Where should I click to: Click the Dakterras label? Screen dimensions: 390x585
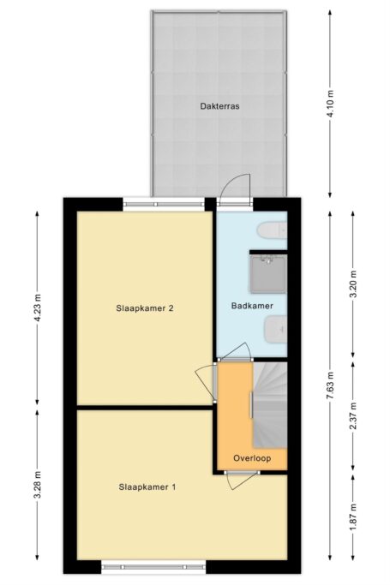[x=219, y=106]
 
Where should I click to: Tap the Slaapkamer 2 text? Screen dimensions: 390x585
[x=145, y=308]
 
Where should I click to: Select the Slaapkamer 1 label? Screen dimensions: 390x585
[x=147, y=487]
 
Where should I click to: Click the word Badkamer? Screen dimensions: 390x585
[x=252, y=306]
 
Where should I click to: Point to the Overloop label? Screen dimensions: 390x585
[x=252, y=458]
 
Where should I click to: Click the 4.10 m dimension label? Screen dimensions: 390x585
[x=330, y=104]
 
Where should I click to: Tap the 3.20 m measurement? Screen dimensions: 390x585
[x=353, y=284]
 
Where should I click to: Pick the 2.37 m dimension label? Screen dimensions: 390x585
[x=353, y=415]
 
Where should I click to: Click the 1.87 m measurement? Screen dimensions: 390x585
[x=353, y=517]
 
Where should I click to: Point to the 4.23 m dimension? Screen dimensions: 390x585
[x=38, y=308]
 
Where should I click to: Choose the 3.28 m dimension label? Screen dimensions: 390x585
[x=38, y=485]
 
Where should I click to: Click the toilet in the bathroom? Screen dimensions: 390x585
[x=272, y=230]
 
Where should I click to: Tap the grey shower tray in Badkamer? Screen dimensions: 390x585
[x=268, y=274]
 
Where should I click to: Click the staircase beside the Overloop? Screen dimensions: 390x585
[x=270, y=405]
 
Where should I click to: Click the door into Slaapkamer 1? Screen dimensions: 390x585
[x=242, y=481]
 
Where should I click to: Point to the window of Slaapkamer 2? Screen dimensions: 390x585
[x=165, y=204]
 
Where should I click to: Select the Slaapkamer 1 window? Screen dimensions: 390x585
[x=153, y=567]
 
